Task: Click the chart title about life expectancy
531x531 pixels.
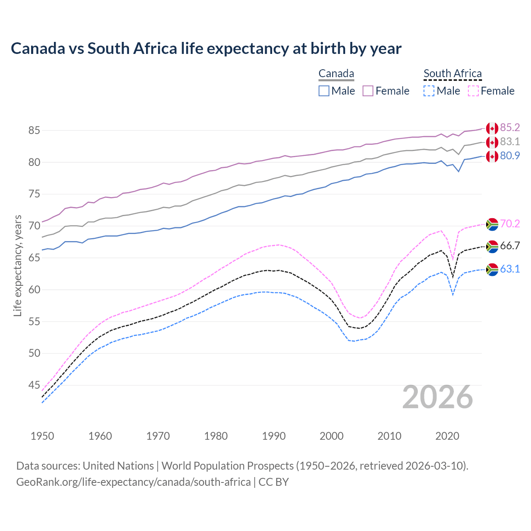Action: (x=206, y=49)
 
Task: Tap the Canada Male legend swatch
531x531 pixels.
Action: (x=324, y=91)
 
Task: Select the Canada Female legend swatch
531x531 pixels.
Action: (x=368, y=91)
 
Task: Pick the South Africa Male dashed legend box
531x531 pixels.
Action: (x=429, y=91)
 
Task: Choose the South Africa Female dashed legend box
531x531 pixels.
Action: (x=473, y=91)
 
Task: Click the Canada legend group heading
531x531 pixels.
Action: (x=336, y=74)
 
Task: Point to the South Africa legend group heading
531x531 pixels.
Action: (x=453, y=74)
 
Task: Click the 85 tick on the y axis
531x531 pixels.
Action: (x=34, y=131)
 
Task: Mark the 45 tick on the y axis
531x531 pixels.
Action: (x=34, y=385)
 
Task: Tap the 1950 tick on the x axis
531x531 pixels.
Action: (x=42, y=436)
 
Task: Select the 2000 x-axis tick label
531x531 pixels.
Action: (x=331, y=436)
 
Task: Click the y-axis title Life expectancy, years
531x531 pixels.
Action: (x=17, y=265)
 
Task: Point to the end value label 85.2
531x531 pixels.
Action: (x=510, y=127)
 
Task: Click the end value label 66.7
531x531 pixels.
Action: (x=510, y=246)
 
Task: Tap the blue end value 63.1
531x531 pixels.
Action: (x=510, y=269)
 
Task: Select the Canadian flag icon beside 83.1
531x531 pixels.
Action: (x=492, y=142)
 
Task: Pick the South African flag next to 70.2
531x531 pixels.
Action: (x=492, y=224)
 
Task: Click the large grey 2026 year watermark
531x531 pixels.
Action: (x=438, y=397)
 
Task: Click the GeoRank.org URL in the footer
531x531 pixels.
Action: (x=133, y=482)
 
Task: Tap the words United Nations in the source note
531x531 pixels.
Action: (x=118, y=466)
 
